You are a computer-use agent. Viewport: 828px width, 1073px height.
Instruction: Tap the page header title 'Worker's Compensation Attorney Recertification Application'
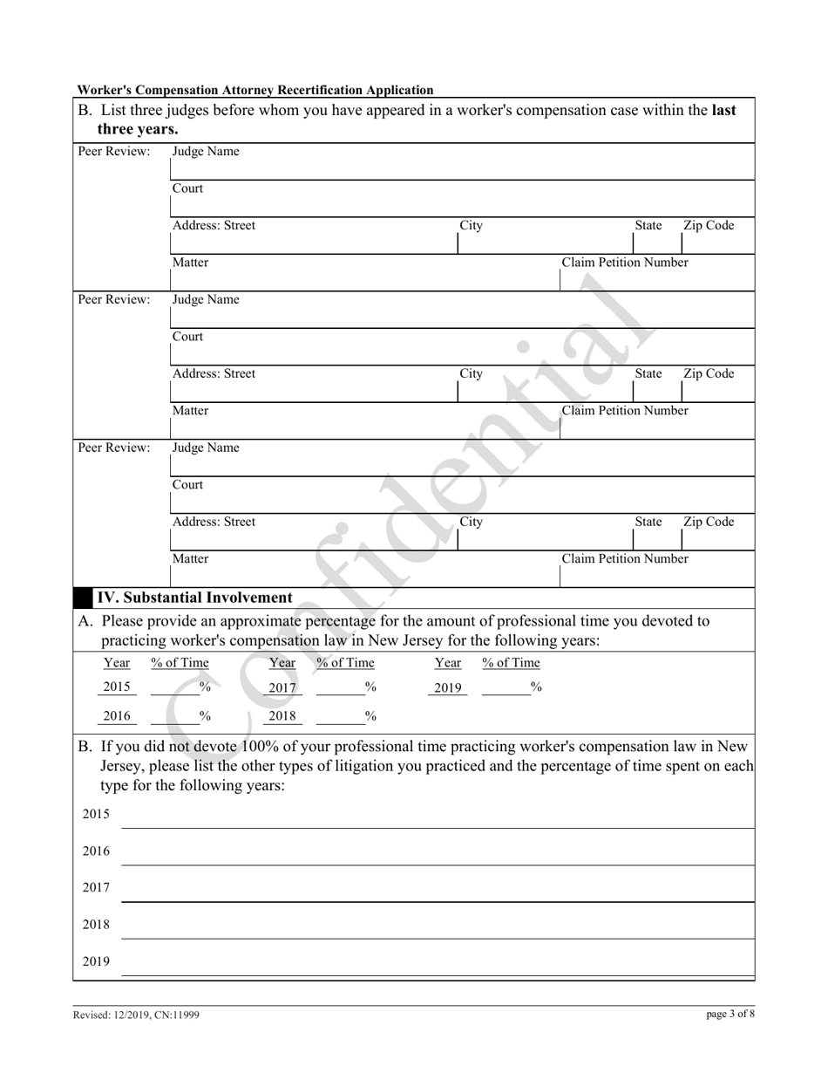click(x=255, y=90)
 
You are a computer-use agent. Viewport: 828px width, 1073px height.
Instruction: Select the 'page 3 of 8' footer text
click(x=730, y=1014)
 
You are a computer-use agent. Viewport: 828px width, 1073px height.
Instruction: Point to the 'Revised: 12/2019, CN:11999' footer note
click(x=141, y=1015)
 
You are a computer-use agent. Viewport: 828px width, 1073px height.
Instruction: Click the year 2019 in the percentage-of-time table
click(x=447, y=688)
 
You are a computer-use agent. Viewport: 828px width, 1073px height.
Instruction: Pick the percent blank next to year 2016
click(x=181, y=716)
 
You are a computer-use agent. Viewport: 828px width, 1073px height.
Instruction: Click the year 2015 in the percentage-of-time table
click(x=117, y=687)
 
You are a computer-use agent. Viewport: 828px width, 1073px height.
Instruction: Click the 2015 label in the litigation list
click(x=96, y=815)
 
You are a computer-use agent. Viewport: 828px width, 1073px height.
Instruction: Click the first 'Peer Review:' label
click(x=114, y=152)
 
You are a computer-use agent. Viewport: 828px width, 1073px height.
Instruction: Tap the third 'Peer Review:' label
click(x=114, y=448)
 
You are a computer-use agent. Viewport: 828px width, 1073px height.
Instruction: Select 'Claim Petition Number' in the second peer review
click(x=625, y=411)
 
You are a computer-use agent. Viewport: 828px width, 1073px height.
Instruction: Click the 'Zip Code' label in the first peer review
click(x=709, y=226)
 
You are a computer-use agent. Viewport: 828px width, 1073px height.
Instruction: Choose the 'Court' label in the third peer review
click(x=187, y=485)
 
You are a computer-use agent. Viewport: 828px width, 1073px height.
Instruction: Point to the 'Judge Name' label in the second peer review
click(x=206, y=300)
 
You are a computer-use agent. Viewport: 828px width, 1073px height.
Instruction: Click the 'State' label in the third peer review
click(x=648, y=523)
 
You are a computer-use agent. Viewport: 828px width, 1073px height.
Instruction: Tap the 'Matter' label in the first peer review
click(x=190, y=263)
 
